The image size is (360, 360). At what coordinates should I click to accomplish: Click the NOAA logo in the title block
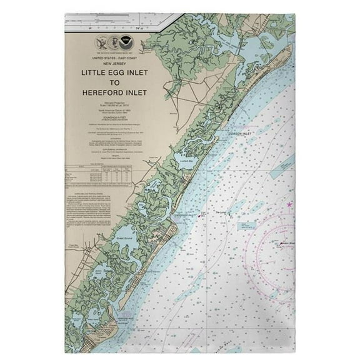pyautogui.click(x=127, y=42)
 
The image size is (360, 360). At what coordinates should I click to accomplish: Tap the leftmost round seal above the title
pyautogui.click(x=102, y=43)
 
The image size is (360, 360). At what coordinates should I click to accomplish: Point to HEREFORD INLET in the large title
pyautogui.click(x=114, y=92)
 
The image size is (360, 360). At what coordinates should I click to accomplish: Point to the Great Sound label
pyautogui.click(x=124, y=237)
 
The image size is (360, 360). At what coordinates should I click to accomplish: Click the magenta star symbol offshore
pyautogui.click(x=289, y=204)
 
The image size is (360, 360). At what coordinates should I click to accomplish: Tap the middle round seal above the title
pyautogui.click(x=114, y=43)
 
